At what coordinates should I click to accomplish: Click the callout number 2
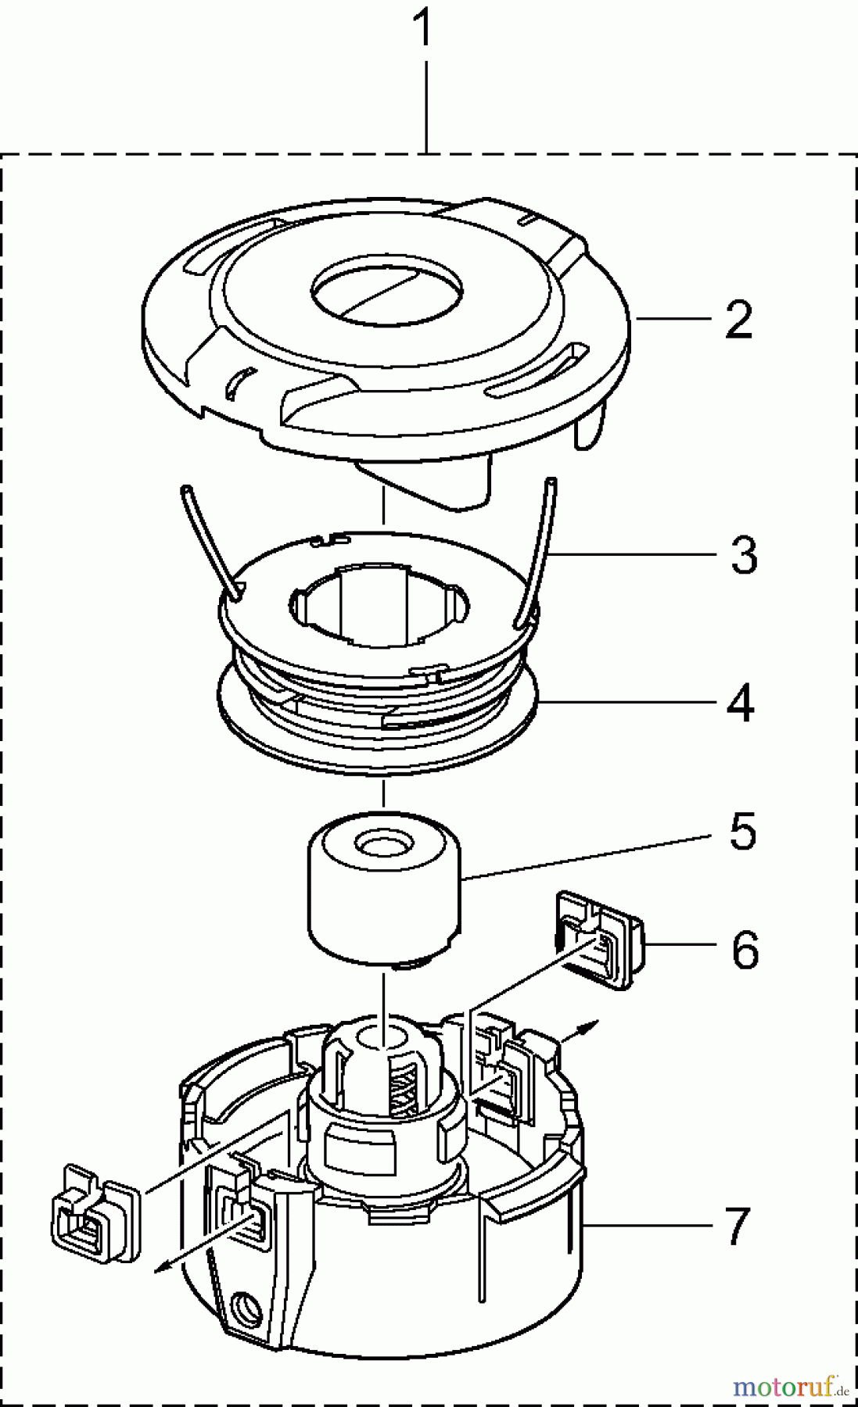[x=738, y=320]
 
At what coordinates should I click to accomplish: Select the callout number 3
[x=743, y=555]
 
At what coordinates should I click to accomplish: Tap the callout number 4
[x=739, y=703]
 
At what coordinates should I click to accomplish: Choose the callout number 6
[x=745, y=950]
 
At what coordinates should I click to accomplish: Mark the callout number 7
[x=738, y=1226]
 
